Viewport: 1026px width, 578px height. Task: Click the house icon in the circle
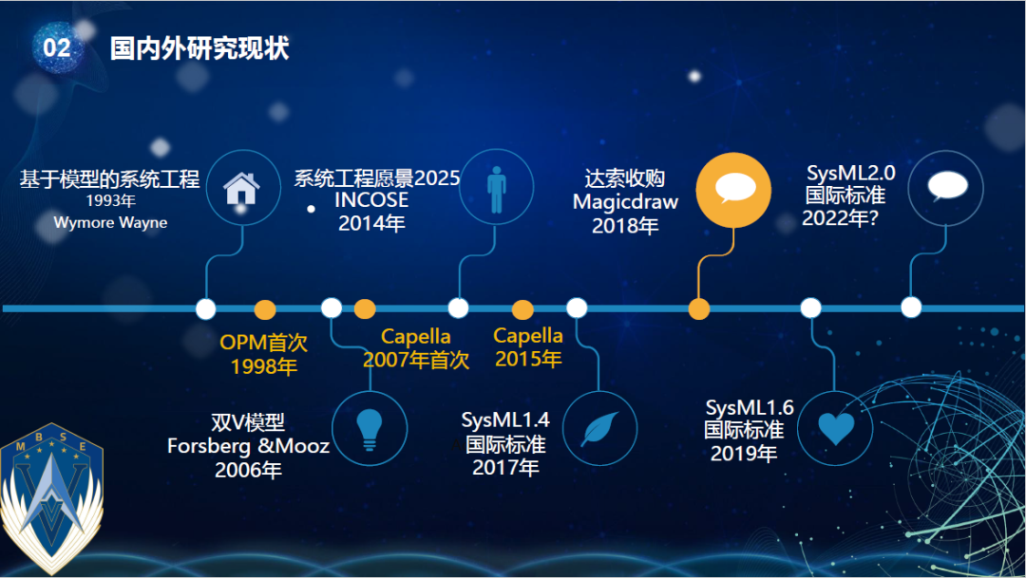(x=241, y=188)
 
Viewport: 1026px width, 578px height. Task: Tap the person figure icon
(x=497, y=189)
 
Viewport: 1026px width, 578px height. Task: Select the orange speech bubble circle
(x=733, y=190)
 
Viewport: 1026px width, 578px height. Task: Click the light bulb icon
(x=369, y=429)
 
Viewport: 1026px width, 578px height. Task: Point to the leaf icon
(x=600, y=428)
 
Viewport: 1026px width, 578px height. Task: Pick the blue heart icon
(x=836, y=429)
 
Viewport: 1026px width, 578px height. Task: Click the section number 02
(x=57, y=47)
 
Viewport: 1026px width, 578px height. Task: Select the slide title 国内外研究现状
(x=199, y=48)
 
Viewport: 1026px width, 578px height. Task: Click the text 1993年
(x=110, y=200)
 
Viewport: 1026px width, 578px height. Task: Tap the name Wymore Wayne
(x=110, y=222)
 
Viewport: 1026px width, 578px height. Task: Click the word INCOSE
(x=371, y=200)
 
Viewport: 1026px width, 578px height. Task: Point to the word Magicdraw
(x=625, y=202)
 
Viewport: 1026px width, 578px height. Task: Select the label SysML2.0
(x=850, y=174)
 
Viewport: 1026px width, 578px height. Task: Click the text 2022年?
(x=840, y=217)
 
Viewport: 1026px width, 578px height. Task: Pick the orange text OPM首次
(x=264, y=342)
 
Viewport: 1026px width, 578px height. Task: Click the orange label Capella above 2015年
(x=528, y=335)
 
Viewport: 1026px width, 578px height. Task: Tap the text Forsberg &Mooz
(x=248, y=446)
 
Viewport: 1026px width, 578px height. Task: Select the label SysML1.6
(x=750, y=408)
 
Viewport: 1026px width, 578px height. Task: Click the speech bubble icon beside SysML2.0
(x=947, y=186)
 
